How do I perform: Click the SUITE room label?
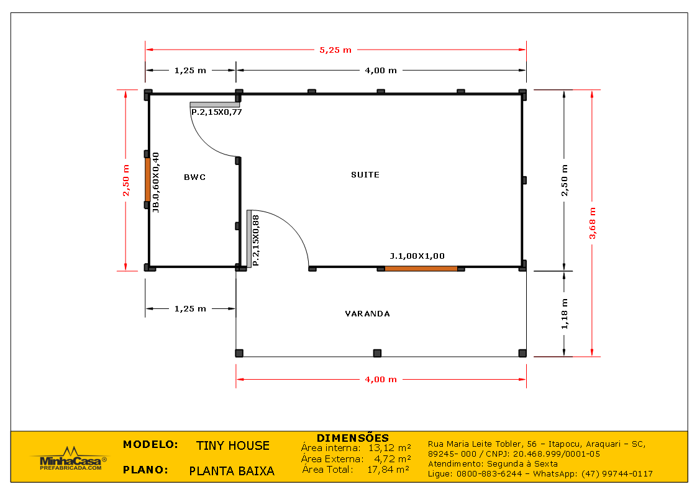[365, 175]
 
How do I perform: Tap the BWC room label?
[194, 177]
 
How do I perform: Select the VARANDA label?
[368, 314]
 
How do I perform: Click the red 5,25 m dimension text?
[335, 50]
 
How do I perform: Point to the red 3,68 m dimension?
[593, 223]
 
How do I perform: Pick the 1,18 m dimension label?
[564, 313]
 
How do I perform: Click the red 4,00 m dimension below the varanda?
[381, 379]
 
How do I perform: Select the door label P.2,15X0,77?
[216, 112]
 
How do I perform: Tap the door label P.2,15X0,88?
[256, 240]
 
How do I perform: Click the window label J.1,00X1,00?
[417, 256]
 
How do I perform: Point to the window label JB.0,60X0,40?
[156, 182]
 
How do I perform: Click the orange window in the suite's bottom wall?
[421, 269]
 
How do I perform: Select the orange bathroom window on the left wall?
[148, 179]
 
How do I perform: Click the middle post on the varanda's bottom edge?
[377, 353]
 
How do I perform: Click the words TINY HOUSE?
[233, 445]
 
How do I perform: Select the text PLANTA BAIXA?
[232, 471]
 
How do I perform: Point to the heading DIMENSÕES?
[353, 438]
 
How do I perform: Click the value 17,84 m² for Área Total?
[388, 470]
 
